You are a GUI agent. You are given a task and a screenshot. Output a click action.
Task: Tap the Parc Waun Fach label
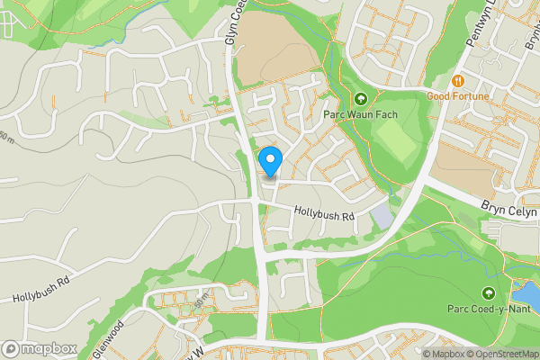click(x=360, y=114)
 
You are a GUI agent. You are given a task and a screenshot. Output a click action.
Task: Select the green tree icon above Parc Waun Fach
click(x=361, y=99)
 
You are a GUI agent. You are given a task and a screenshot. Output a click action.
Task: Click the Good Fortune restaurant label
click(x=458, y=96)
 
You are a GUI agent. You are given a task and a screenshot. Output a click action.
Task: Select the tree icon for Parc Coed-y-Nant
click(x=489, y=293)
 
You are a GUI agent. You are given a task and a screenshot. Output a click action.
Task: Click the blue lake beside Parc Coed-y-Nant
click(x=524, y=292)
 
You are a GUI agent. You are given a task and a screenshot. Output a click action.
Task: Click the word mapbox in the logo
click(x=49, y=349)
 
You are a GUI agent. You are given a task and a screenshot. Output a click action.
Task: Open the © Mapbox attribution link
click(x=442, y=354)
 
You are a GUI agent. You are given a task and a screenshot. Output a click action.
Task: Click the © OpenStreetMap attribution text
click(x=501, y=354)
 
